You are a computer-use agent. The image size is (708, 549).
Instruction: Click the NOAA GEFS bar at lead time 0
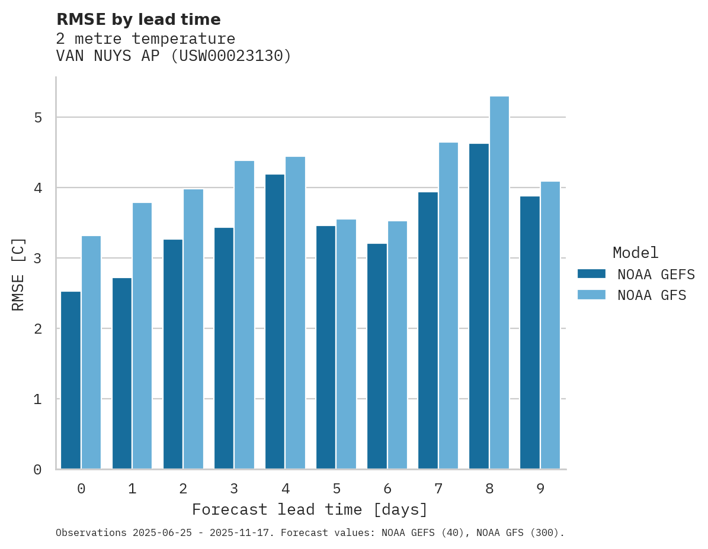[71, 380]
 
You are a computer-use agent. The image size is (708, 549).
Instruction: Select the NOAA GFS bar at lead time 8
[499, 283]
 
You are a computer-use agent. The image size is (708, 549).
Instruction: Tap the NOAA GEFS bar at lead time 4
[275, 322]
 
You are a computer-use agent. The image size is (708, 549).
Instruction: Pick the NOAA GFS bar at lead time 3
[244, 315]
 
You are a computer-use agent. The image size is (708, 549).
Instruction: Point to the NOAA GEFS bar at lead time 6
[377, 356]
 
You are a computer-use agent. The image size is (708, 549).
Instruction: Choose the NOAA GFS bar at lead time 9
[550, 325]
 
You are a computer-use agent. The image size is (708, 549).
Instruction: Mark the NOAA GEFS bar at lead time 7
[428, 331]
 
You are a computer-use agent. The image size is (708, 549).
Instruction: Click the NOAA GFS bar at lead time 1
[142, 336]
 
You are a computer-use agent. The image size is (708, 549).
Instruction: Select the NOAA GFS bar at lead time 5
[346, 344]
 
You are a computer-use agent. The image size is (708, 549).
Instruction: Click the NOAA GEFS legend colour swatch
[591, 273]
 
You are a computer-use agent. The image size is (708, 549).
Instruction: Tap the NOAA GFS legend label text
[652, 295]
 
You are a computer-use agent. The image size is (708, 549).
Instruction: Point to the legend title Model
[635, 253]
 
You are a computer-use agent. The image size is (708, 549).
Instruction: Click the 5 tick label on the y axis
[38, 118]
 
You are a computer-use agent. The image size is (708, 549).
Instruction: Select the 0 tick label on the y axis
[38, 470]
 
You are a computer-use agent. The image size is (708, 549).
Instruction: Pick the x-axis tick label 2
[183, 489]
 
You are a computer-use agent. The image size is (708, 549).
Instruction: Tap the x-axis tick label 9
[540, 489]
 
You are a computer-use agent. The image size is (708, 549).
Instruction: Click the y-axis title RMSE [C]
[19, 274]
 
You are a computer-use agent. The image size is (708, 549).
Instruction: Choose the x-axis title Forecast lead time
[309, 510]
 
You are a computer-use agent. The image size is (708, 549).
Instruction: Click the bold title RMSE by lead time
[139, 20]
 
